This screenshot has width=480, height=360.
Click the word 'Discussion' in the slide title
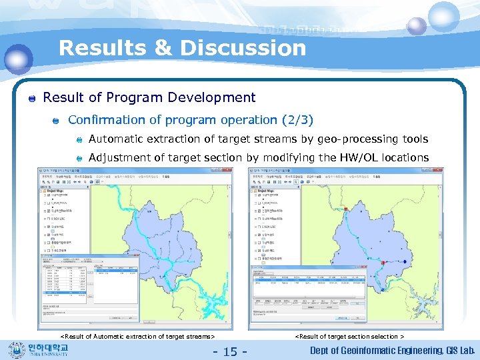pyautogui.click(x=243, y=48)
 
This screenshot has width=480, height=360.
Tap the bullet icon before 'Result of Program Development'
pyautogui.click(x=31, y=99)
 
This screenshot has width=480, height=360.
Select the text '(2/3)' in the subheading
pyautogui.click(x=296, y=120)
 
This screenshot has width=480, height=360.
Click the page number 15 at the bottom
pyautogui.click(x=229, y=351)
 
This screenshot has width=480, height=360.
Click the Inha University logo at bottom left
pyautogui.click(x=40, y=349)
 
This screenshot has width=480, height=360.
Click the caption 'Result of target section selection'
pyautogui.click(x=349, y=337)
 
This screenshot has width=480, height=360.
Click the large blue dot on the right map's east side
pyautogui.click(x=405, y=261)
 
